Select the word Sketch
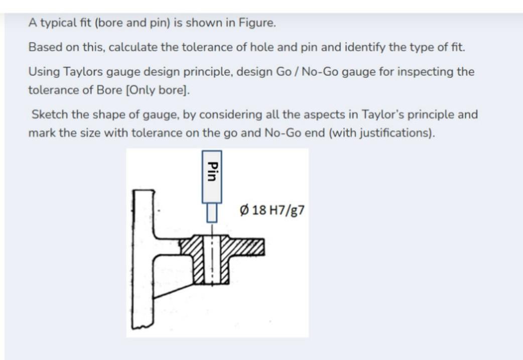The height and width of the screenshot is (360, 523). [49, 114]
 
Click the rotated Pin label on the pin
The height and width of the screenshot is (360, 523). [211, 174]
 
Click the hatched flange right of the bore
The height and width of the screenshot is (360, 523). [246, 247]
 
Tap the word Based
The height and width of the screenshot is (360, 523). [43, 47]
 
